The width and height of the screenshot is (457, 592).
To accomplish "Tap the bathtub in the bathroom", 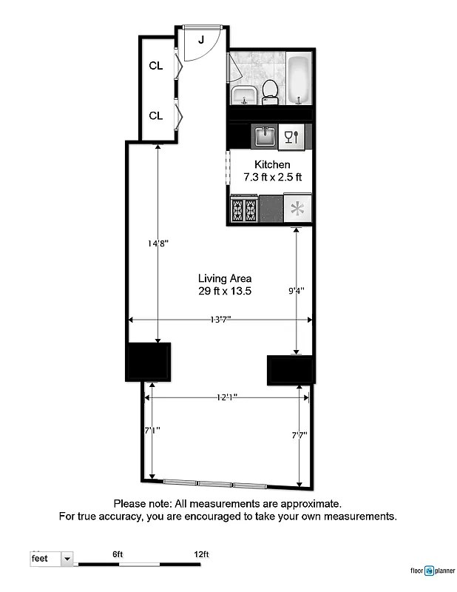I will point(299,79).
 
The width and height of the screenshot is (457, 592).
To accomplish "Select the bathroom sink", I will point(244,95).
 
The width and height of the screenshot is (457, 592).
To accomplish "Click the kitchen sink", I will point(265,136).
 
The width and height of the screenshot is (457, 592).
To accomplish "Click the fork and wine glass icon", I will point(291,136).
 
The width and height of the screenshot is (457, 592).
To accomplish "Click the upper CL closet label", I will point(155,66).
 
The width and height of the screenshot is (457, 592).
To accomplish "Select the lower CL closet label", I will point(155,116).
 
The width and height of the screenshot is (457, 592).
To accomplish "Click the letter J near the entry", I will point(201,39).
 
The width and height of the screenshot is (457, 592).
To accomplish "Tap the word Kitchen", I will point(272,164).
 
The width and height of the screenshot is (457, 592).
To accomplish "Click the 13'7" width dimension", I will point(220,320).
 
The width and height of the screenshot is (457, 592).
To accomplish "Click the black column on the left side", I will point(149,361).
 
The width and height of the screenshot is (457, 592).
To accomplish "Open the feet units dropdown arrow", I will point(67,559).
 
